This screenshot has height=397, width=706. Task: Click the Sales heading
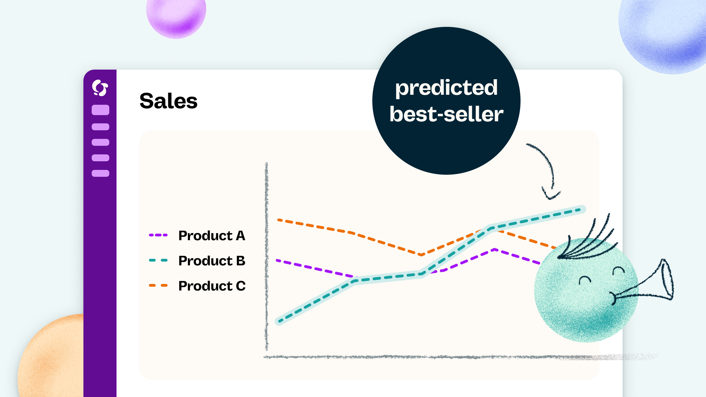(x=168, y=101)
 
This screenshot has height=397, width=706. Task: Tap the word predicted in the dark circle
(x=446, y=88)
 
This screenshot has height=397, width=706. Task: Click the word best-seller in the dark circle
(x=446, y=114)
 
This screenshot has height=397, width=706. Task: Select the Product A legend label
(x=212, y=236)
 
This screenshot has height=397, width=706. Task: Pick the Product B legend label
(x=212, y=261)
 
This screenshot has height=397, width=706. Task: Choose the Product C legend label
(x=212, y=286)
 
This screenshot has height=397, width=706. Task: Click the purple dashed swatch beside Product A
(x=158, y=235)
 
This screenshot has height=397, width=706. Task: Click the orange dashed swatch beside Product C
(x=158, y=285)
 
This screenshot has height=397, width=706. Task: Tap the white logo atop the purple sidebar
(x=100, y=88)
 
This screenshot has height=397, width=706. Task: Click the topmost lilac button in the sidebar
(x=100, y=110)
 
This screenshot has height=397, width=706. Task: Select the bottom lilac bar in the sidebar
(x=100, y=173)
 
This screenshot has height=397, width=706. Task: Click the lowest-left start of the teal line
(x=280, y=322)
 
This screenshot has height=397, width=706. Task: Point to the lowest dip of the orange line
(x=421, y=255)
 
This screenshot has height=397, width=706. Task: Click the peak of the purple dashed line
(x=494, y=249)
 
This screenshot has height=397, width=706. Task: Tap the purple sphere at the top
(x=176, y=16)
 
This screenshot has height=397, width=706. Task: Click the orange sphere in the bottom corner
(x=52, y=358)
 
